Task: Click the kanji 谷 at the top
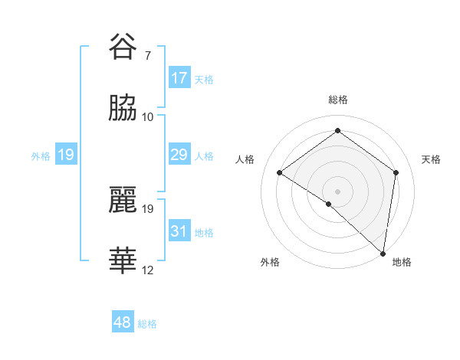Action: [x=123, y=47]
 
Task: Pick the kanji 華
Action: [x=123, y=261]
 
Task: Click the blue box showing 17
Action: [x=179, y=78]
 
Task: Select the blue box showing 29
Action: [x=179, y=155]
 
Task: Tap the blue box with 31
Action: [x=179, y=231]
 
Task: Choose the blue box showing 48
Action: [x=123, y=322]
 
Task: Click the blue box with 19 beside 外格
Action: [x=66, y=155]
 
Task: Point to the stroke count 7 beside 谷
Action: [x=147, y=56]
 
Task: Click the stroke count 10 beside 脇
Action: [x=147, y=117]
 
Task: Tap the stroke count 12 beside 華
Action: [x=147, y=270]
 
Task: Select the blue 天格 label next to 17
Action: [x=204, y=79]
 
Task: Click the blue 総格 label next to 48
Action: [x=147, y=324]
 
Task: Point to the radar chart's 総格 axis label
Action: [x=337, y=100]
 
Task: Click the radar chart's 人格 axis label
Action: [x=245, y=159]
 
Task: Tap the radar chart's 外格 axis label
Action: [x=269, y=262]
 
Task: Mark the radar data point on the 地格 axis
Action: [x=383, y=253]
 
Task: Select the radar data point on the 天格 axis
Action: [x=396, y=172]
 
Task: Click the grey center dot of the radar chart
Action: [x=337, y=191]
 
